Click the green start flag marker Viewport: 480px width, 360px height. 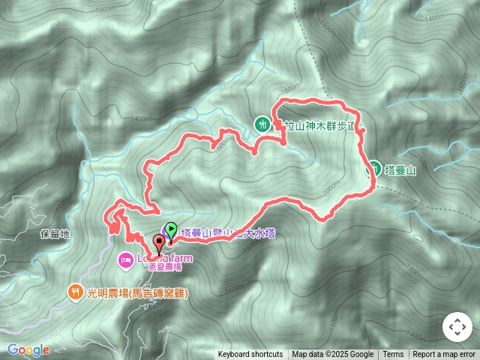pos(171,231)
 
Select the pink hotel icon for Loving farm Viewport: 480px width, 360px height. pos(124,259)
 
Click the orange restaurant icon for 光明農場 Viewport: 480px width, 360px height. pos(75,292)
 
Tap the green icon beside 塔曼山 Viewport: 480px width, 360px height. pos(371,168)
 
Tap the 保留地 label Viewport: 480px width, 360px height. pos(55,234)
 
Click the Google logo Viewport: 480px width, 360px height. pos(28,349)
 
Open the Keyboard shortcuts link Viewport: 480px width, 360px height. pos(250,355)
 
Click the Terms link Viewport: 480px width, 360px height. pos(393,355)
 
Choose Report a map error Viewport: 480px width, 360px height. pos(444,355)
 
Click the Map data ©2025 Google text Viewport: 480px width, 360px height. pos(332,355)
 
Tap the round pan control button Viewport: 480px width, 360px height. pos(457,327)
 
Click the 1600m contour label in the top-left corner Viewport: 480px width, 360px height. pos(106,9)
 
